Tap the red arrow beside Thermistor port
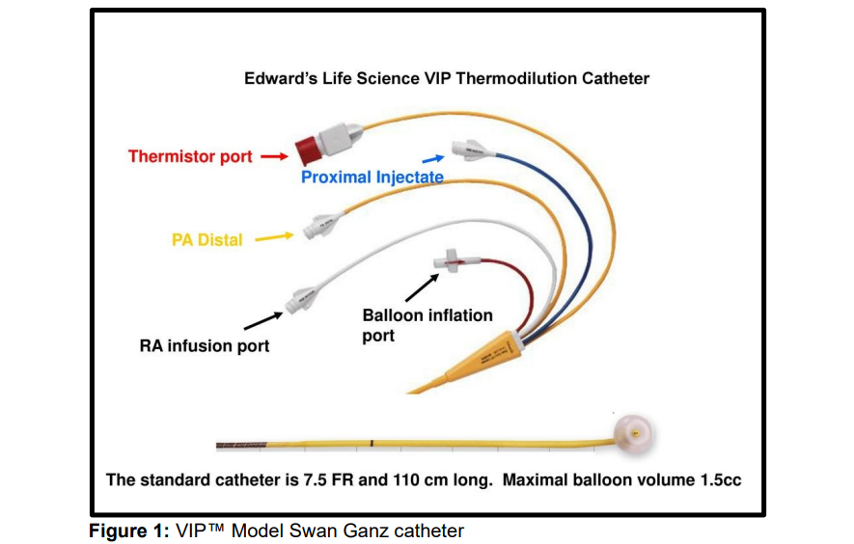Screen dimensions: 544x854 click(x=273, y=156)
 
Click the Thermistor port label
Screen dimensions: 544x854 click(x=190, y=157)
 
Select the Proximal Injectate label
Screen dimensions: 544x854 click(x=372, y=177)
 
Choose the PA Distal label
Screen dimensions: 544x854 click(x=207, y=240)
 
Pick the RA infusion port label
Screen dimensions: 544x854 click(x=205, y=345)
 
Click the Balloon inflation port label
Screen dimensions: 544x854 click(x=427, y=325)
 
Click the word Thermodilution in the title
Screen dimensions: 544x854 click(x=516, y=78)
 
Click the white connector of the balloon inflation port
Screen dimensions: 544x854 click(x=450, y=261)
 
